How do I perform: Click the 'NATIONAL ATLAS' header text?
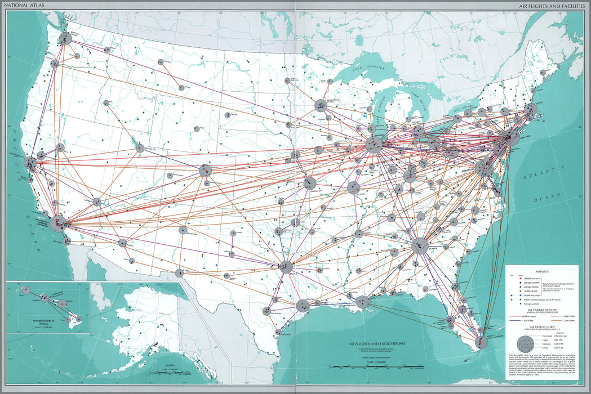(x=21, y=6)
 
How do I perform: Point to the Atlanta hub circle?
(x=420, y=246)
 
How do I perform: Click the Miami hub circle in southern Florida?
(x=482, y=342)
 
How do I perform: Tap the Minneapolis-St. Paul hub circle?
(x=321, y=105)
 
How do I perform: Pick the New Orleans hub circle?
(x=362, y=302)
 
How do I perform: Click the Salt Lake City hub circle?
(x=139, y=148)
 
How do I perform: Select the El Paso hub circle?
(x=179, y=273)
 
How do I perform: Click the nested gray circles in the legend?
(x=524, y=342)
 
